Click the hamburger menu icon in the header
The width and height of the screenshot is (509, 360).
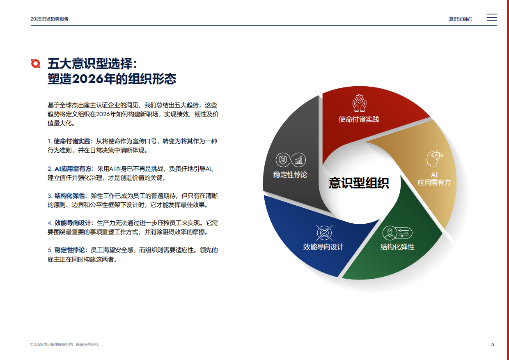[491, 18]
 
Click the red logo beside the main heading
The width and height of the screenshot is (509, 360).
[36, 63]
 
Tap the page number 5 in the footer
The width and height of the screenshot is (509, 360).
[493, 344]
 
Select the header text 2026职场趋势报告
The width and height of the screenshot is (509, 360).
[49, 19]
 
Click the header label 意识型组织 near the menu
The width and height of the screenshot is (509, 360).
[460, 19]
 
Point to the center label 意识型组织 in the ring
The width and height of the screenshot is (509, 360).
[359, 183]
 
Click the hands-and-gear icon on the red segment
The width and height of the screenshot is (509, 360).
[359, 103]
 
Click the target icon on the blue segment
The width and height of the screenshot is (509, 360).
[324, 233]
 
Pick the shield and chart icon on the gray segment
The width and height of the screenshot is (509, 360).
[291, 160]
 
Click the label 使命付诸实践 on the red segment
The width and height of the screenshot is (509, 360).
[359, 119]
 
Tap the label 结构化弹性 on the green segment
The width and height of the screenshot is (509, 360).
[397, 247]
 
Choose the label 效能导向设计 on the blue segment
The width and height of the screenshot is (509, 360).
[323, 247]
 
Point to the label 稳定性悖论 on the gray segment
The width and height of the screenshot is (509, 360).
[290, 175]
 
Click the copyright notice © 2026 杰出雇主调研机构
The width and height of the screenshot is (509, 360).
[64, 344]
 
